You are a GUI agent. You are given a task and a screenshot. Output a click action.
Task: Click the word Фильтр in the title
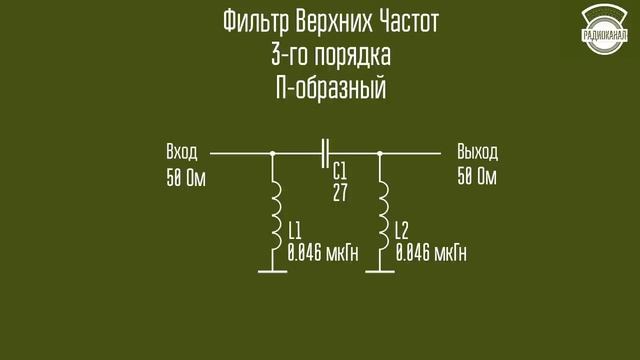[x=248, y=21]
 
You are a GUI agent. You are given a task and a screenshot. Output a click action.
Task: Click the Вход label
[x=182, y=153]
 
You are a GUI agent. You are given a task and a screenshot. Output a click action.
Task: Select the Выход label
[x=476, y=153]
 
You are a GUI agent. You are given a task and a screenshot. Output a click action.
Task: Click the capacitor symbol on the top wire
[x=326, y=154]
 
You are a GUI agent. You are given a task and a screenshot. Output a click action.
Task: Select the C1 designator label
[x=340, y=169]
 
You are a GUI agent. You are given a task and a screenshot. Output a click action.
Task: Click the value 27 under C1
[x=340, y=192]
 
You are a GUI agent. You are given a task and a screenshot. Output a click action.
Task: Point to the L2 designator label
[x=402, y=228]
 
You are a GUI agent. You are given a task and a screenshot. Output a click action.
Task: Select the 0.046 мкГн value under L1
[x=322, y=252]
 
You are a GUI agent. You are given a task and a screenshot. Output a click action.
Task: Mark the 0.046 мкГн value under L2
[x=431, y=252]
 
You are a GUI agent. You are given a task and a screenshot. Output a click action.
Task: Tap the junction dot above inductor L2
[x=381, y=154]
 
